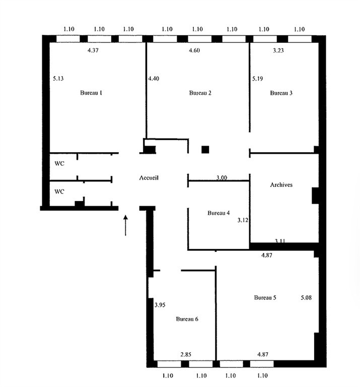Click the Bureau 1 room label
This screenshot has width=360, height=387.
[91, 93]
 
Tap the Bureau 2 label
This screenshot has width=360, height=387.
[200, 93]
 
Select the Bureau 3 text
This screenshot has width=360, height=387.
[281, 93]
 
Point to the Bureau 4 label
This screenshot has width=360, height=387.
[219, 213]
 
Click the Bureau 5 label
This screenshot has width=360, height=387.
[265, 297]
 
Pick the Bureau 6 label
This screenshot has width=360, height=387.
[187, 319]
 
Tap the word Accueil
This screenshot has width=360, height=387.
[149, 178]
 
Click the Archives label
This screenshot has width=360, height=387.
[281, 184]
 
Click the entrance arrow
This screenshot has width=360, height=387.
[125, 225]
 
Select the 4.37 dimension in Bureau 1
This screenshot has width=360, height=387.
[93, 50]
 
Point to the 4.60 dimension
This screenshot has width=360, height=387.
[194, 50]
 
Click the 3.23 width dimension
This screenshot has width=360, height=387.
[278, 50]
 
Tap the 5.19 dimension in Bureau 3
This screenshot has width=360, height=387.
[257, 79]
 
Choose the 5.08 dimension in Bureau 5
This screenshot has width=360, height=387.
[306, 297]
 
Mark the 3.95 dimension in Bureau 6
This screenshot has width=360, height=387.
[160, 305]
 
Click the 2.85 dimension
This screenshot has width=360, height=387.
[186, 354]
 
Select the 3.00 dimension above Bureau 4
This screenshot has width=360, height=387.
[222, 177]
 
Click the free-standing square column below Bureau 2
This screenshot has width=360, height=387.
[205, 150]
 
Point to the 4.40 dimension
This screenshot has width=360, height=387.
[154, 79]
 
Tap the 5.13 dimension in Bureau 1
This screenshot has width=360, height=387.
[58, 79]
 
